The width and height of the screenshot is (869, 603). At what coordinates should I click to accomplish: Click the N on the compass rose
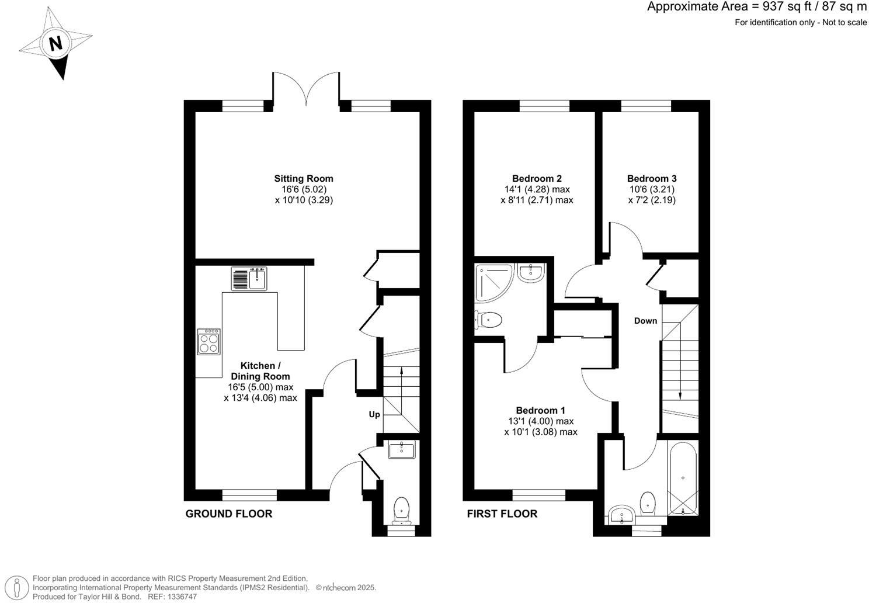click(55, 43)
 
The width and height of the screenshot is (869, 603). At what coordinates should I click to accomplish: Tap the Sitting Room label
click(304, 179)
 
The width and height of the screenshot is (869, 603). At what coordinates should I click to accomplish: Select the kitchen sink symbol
click(249, 279)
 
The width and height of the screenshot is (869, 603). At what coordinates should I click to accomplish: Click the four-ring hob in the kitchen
click(209, 342)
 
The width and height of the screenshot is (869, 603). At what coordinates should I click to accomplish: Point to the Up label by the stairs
click(374, 414)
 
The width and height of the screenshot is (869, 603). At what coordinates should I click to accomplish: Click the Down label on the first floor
click(645, 321)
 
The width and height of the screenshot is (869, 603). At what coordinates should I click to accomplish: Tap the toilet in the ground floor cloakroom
click(402, 510)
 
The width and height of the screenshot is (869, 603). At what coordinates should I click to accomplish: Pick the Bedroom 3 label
click(652, 179)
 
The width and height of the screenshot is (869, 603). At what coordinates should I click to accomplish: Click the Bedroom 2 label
click(537, 179)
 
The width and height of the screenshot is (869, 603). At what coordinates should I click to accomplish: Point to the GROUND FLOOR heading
click(228, 514)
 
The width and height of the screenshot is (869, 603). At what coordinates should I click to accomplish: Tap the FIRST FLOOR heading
click(502, 514)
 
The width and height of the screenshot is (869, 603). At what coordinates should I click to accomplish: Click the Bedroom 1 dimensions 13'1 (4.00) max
click(541, 421)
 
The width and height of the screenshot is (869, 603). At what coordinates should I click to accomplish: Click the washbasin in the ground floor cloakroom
click(401, 450)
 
